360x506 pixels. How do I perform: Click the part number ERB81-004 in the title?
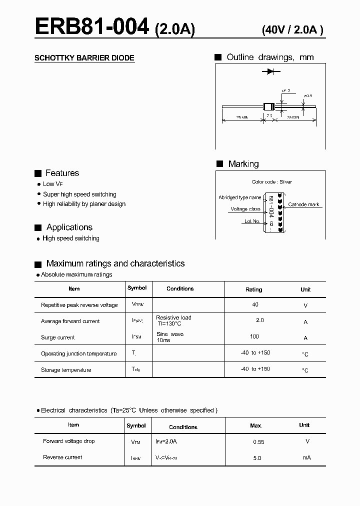click(92, 26)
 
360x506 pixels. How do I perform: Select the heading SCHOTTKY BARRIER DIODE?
click(84, 58)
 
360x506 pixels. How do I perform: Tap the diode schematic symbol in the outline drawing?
click(270, 72)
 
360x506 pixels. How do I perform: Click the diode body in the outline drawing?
click(268, 106)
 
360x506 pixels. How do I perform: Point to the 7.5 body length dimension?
click(269, 116)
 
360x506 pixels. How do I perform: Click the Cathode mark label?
click(303, 205)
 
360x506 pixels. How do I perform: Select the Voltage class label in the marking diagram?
click(245, 209)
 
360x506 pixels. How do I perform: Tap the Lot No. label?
click(252, 221)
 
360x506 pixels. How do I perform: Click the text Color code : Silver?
click(271, 182)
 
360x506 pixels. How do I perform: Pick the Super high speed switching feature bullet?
click(79, 194)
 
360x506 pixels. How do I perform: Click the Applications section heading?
click(69, 227)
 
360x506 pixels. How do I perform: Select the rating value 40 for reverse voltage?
click(255, 304)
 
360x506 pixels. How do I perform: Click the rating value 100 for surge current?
click(254, 336)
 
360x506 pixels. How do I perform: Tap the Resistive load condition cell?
click(173, 317)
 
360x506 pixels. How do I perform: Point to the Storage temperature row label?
click(66, 370)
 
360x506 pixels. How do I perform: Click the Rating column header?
click(253, 289)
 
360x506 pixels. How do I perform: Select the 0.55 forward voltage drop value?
click(258, 442)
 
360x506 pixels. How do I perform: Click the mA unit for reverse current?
click(306, 457)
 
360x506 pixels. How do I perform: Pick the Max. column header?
click(256, 425)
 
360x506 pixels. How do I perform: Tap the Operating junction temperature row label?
click(78, 353)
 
